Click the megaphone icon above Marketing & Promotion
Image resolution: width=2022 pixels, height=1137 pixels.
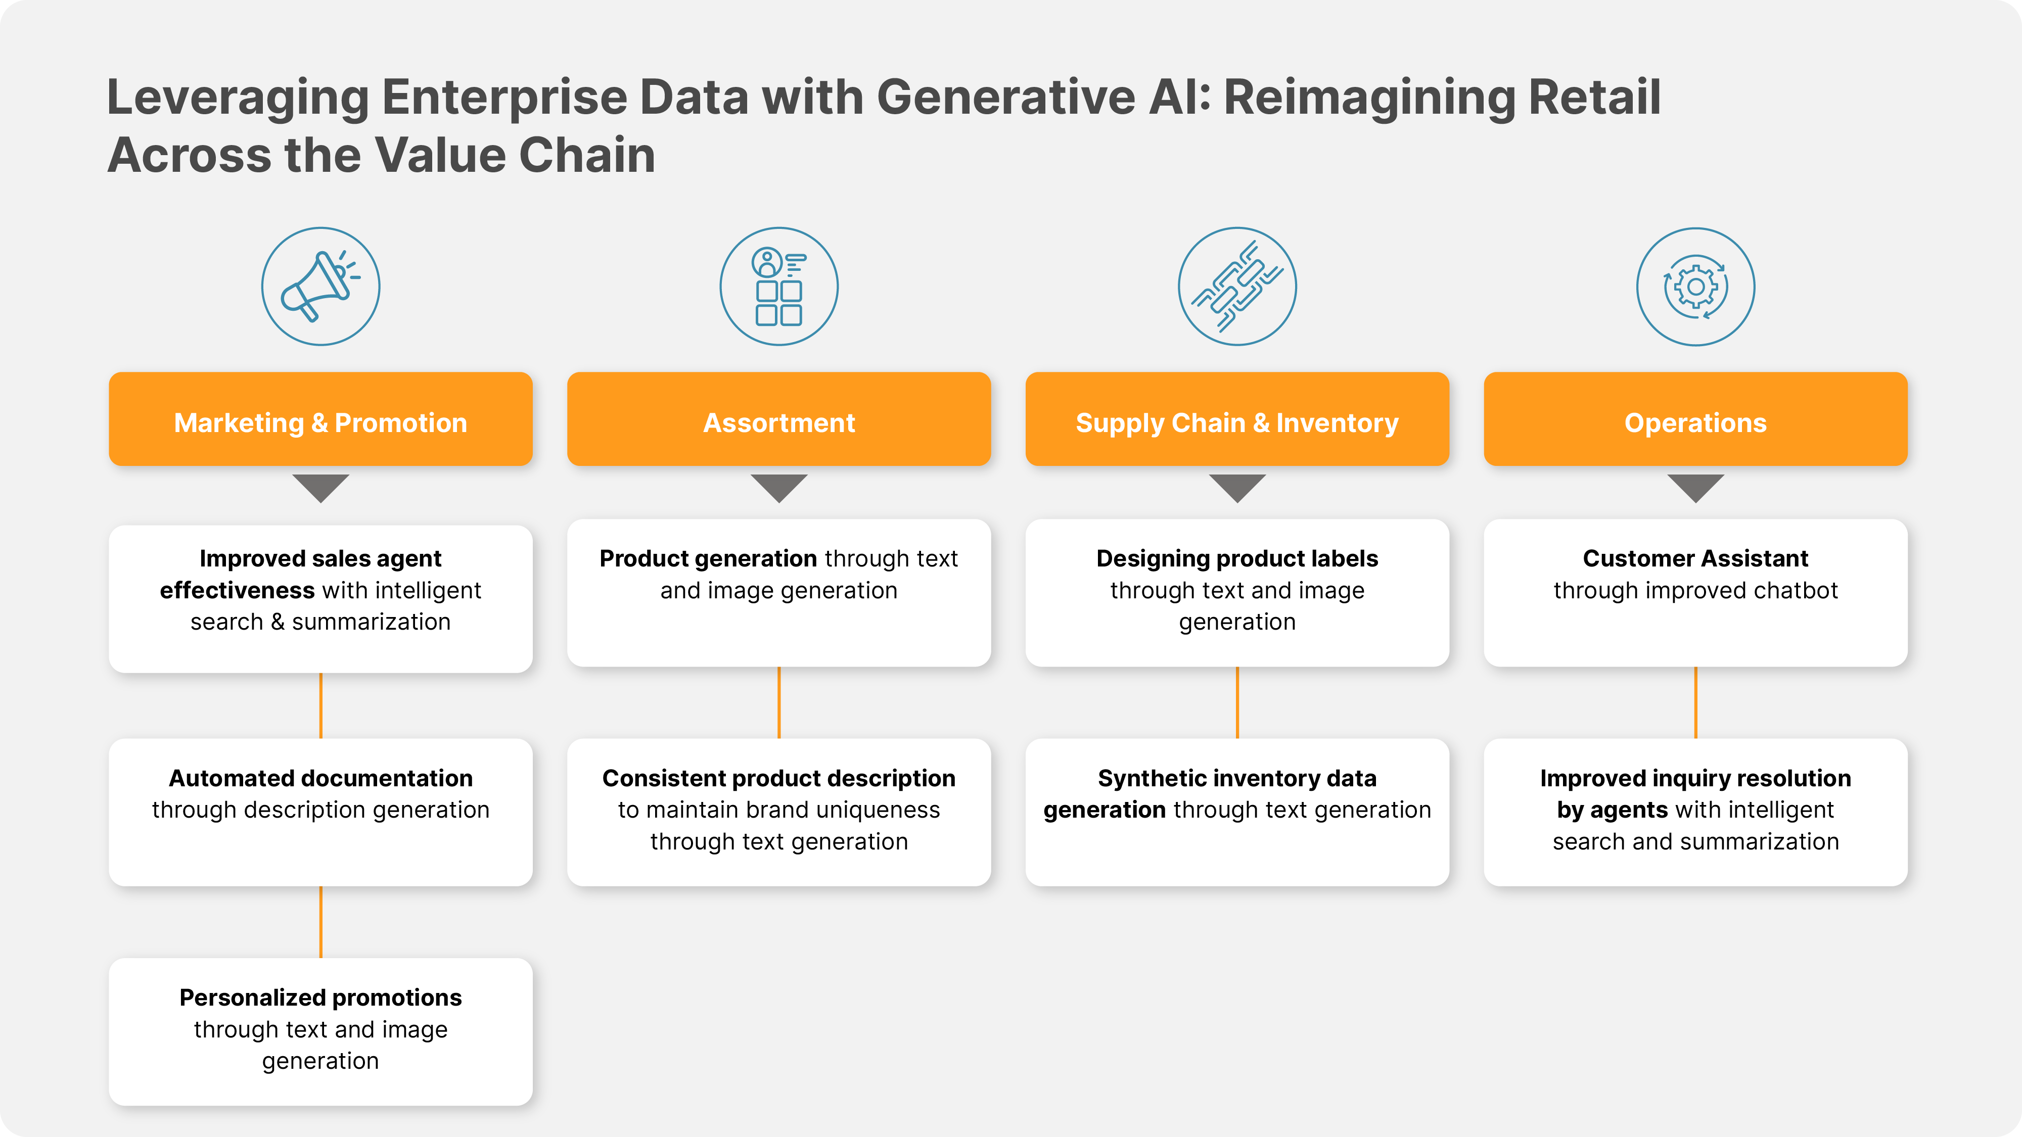(x=320, y=287)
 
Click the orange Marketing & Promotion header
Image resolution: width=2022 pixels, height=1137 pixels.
(x=320, y=419)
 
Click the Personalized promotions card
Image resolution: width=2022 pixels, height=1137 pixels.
(x=320, y=1032)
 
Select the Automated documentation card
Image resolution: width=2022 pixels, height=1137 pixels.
(x=320, y=812)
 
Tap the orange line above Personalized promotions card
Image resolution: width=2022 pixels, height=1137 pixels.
(x=320, y=922)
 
